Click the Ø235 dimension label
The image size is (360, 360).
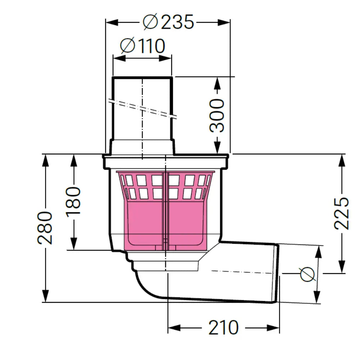[x=168, y=22]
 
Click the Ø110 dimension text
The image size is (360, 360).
[x=143, y=46]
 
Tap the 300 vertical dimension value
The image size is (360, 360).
[x=217, y=116]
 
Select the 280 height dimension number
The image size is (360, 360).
[x=45, y=228]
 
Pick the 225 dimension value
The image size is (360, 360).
[x=341, y=213]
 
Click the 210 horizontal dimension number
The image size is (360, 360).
[x=224, y=328]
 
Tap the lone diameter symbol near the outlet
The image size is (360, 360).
[x=307, y=274]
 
